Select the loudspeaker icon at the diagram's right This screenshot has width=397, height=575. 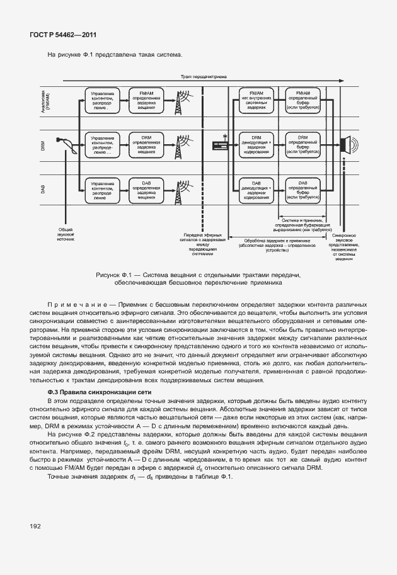click(x=348, y=146)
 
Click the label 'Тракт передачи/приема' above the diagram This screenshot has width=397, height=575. click(x=201, y=76)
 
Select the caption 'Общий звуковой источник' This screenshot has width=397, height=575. click(x=66, y=235)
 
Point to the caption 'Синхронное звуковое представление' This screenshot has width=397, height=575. click(x=345, y=245)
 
